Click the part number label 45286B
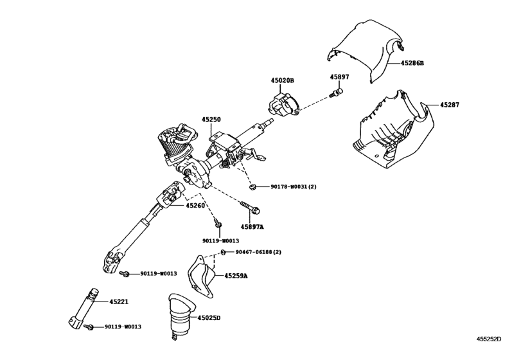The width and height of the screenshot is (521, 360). [x=412, y=63]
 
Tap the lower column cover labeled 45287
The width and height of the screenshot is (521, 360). [x=392, y=133]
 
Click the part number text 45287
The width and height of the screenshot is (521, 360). [x=450, y=105]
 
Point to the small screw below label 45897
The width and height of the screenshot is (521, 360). [x=335, y=93]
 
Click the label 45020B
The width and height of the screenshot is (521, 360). [x=283, y=80]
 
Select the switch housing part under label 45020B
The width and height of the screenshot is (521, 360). [x=283, y=105]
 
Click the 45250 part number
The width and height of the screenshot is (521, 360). [x=211, y=120]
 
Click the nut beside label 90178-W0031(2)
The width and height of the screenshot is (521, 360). [x=252, y=187]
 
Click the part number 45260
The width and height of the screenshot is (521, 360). [x=195, y=206]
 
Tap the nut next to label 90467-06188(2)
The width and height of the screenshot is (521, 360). [x=224, y=252]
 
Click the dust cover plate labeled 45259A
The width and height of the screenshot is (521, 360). [x=201, y=277]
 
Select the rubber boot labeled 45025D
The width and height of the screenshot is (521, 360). [x=181, y=316]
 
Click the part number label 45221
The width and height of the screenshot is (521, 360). [x=119, y=302]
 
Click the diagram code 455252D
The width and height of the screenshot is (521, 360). [x=489, y=339]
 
